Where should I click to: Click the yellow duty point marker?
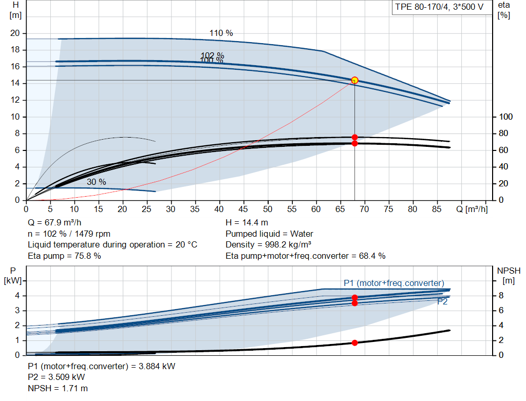click(x=354, y=81)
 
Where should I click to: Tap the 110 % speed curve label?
click(x=221, y=33)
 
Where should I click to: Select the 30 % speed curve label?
click(x=96, y=182)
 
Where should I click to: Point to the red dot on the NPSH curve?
click(x=354, y=342)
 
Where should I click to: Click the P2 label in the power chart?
click(x=442, y=302)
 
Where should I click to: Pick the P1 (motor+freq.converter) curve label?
click(x=394, y=283)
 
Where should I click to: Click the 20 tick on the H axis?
click(x=15, y=33)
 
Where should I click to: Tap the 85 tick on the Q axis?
click(x=437, y=209)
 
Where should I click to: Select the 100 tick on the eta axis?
click(x=506, y=117)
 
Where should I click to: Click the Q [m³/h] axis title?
click(x=472, y=209)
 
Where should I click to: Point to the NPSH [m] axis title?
click(x=509, y=276)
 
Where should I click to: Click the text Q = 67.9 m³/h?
click(x=54, y=223)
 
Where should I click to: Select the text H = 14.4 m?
click(x=247, y=223)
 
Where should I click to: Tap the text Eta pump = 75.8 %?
click(x=64, y=256)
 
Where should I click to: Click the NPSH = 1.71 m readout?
click(x=58, y=388)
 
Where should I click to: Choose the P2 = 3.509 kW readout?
click(x=57, y=377)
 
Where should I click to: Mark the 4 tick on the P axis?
click(x=17, y=296)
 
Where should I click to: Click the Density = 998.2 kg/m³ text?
click(x=268, y=245)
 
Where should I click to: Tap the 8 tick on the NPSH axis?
click(x=501, y=296)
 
